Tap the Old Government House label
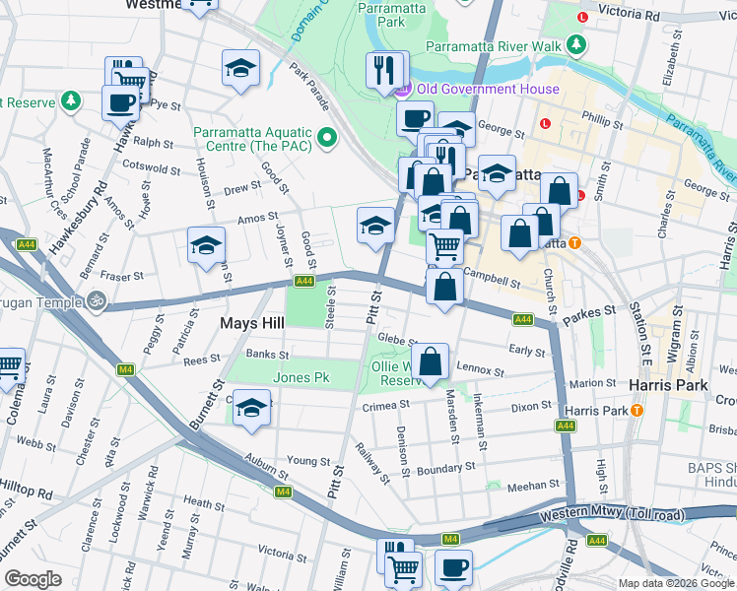tap(488, 90)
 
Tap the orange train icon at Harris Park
tap(637, 410)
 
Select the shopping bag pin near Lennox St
tap(432, 361)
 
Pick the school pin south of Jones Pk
tap(252, 407)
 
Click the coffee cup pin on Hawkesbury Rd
tap(120, 101)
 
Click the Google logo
tap(33, 579)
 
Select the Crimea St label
tap(384, 405)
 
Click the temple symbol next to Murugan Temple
tap(96, 299)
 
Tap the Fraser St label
tap(125, 277)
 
